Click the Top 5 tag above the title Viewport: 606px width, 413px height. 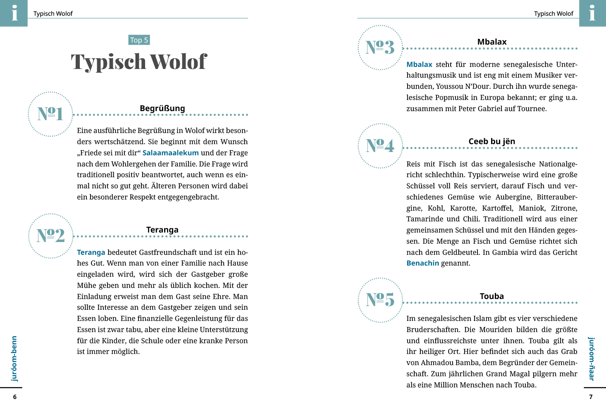[x=139, y=40]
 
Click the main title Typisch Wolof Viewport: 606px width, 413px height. [x=138, y=62]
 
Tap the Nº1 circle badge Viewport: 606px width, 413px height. [x=50, y=114]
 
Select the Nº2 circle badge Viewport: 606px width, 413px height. [x=50, y=236]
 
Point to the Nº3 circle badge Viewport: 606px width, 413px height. [x=380, y=47]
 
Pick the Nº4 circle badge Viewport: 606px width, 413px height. [x=380, y=146]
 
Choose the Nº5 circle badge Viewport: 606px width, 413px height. [x=380, y=300]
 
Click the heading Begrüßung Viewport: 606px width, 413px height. [x=162, y=108]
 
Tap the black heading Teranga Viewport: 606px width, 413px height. [x=162, y=230]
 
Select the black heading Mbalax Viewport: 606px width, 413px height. [x=491, y=42]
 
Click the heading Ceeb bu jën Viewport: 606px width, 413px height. [x=491, y=141]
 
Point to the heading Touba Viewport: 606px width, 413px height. [x=491, y=296]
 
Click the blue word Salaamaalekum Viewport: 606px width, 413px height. [x=170, y=153]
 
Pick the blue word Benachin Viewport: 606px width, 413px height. [x=422, y=263]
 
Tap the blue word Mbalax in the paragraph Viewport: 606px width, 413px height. [x=419, y=64]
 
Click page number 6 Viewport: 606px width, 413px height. [x=15, y=397]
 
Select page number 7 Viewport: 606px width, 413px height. [x=591, y=397]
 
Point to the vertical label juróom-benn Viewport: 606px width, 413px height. [x=14, y=358]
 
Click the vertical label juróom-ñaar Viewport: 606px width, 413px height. [x=592, y=358]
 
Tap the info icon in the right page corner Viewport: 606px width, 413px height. [x=592, y=13]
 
